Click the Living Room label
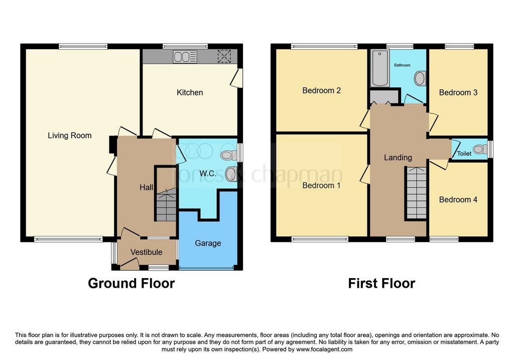(x=69, y=136)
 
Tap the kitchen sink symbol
(x=185, y=57)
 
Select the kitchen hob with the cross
(x=224, y=56)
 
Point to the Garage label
(x=208, y=244)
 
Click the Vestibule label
(x=146, y=252)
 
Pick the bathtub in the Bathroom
(x=380, y=68)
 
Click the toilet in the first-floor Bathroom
(x=420, y=79)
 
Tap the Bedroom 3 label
(x=458, y=92)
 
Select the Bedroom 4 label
(x=458, y=200)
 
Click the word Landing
(x=398, y=158)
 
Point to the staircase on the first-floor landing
(x=416, y=193)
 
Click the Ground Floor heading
(x=131, y=283)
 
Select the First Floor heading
(x=381, y=283)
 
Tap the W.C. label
(x=208, y=173)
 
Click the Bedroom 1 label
(x=321, y=186)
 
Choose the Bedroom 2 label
(x=321, y=90)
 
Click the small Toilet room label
(x=464, y=154)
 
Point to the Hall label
(x=146, y=188)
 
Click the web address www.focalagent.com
(x=324, y=349)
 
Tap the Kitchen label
(x=190, y=92)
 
